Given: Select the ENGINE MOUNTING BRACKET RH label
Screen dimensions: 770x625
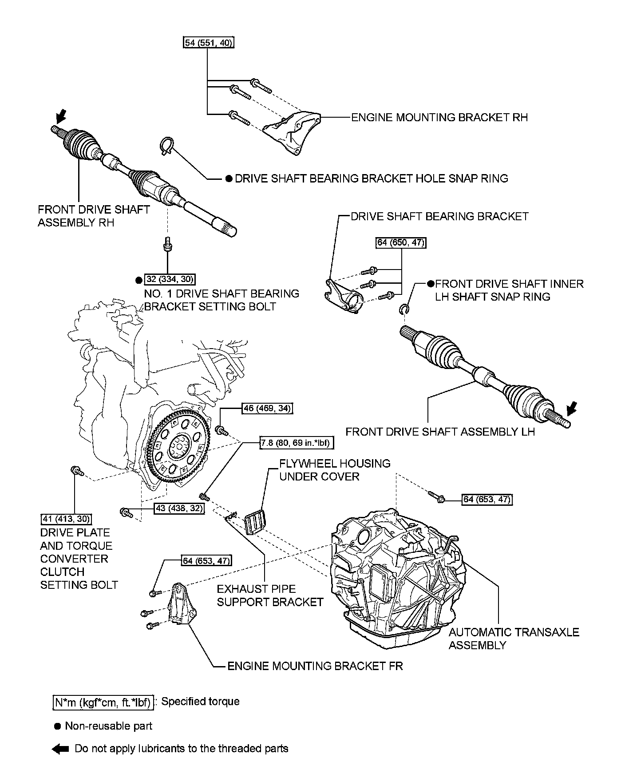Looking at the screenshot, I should click(x=439, y=118).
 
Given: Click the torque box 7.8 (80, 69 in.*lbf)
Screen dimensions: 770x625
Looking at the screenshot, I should click(x=297, y=443).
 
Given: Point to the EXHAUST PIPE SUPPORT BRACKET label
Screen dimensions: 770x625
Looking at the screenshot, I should click(x=270, y=595).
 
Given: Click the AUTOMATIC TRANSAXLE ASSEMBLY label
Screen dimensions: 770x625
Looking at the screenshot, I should click(x=514, y=639).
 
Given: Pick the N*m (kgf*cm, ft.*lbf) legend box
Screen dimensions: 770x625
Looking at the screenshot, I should click(x=103, y=702).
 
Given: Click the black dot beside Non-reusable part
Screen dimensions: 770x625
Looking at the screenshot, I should click(x=57, y=726).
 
